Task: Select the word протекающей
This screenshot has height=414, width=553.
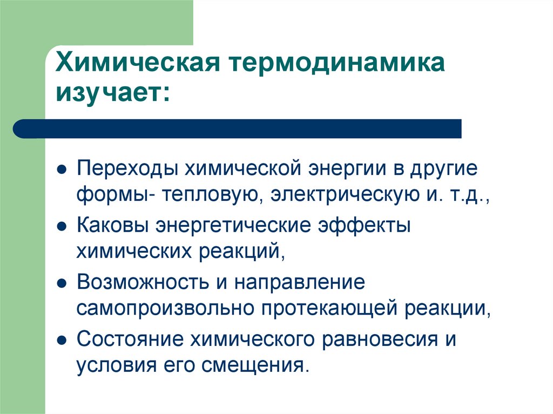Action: [332, 308]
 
